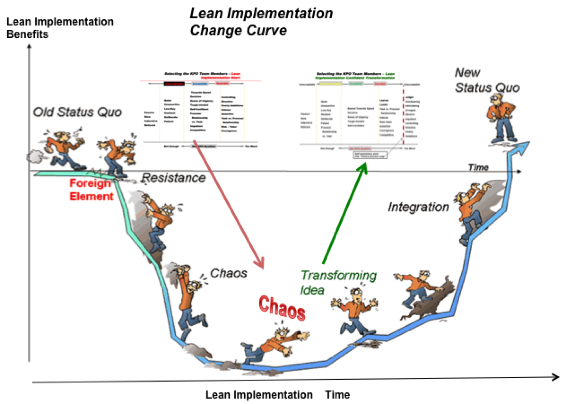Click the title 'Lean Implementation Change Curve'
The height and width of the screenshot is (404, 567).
point(261,22)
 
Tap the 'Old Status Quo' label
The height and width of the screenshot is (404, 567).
point(77,112)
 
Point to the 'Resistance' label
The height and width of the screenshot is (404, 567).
point(174,178)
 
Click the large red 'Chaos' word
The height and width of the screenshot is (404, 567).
point(282,308)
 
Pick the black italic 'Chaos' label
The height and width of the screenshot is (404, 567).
point(228,273)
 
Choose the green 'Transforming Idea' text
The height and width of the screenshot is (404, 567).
point(338,282)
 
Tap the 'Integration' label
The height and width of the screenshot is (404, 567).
point(418,207)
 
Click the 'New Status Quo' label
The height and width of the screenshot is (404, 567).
point(487,80)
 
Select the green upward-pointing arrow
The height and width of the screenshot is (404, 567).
point(344,214)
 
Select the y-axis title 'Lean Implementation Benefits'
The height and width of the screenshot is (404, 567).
point(60,28)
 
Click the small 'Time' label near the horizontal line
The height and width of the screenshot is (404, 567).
point(478,167)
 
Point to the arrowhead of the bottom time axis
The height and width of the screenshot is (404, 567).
point(555,377)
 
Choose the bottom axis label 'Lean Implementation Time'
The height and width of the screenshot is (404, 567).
point(277,395)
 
